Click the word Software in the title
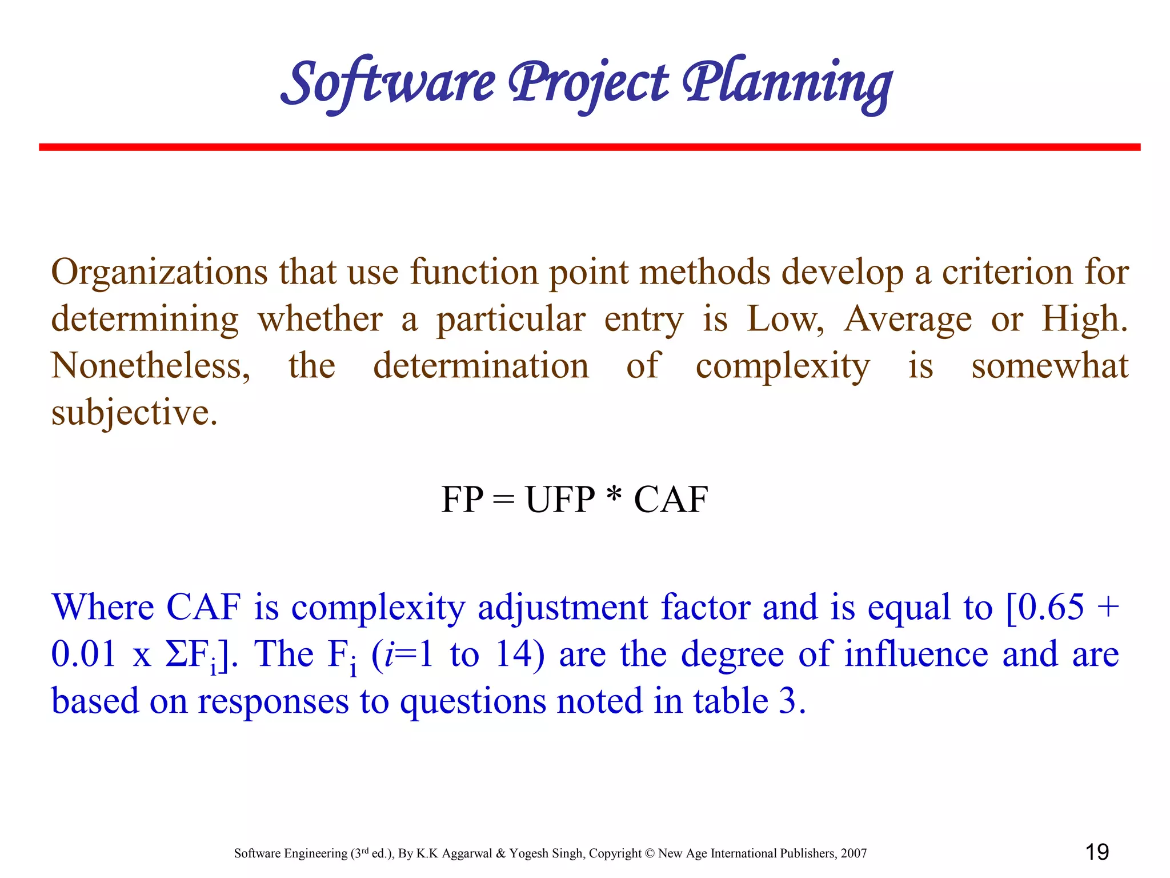(388, 83)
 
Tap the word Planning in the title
(788, 83)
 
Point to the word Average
(908, 319)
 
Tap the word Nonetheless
(150, 366)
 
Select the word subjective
(134, 413)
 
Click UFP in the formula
(560, 500)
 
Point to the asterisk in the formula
(614, 495)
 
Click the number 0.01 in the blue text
(83, 654)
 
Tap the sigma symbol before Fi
(175, 654)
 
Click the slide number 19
(1097, 852)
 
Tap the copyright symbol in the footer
(650, 853)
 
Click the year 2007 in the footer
(854, 853)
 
